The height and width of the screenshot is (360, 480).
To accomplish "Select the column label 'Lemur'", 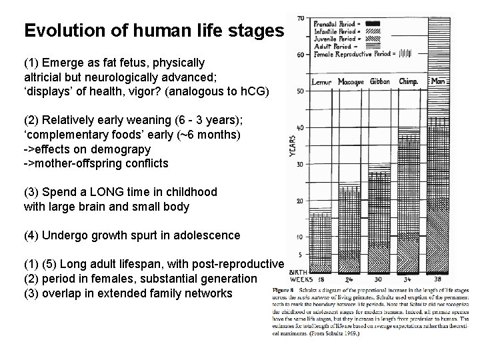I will pos(323,82).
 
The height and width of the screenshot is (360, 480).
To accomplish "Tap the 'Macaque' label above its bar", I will pos(351,82).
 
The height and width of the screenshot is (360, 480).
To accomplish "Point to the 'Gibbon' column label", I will pos(380,82).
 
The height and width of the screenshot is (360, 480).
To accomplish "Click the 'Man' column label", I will pos(439,82).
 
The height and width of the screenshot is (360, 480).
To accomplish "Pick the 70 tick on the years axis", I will pos(301,18).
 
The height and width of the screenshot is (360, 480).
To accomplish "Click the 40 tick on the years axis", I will pos(301,127).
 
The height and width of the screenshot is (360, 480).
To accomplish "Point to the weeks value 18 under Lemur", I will pos(322,279).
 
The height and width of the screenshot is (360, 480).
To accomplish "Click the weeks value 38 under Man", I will pos(438,279).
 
